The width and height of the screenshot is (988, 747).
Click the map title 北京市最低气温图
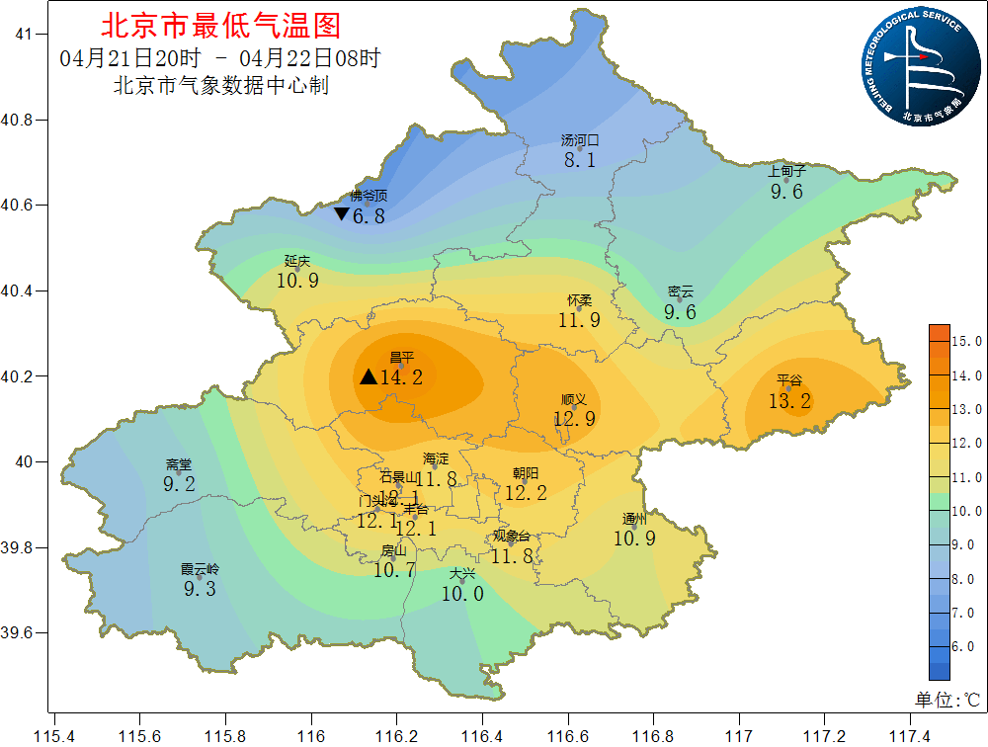(x=220, y=25)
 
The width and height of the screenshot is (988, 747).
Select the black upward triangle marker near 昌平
(x=368, y=376)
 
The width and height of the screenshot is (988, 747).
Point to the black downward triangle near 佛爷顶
(x=341, y=214)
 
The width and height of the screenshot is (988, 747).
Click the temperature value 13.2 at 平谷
(x=790, y=400)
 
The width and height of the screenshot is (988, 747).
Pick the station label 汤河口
(x=580, y=140)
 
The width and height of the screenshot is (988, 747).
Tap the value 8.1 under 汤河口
(x=580, y=160)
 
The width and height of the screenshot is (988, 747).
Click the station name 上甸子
(x=787, y=171)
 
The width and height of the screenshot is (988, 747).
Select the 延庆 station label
(x=297, y=261)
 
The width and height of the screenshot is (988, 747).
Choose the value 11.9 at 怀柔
(x=579, y=320)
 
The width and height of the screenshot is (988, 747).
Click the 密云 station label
(x=681, y=291)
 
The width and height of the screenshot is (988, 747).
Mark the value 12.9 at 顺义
(x=574, y=419)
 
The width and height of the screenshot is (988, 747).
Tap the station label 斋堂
(x=179, y=464)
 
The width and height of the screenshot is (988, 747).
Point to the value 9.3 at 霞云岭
(x=200, y=589)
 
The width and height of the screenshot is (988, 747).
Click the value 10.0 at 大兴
(x=462, y=594)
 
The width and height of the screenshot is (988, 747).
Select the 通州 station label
(x=634, y=519)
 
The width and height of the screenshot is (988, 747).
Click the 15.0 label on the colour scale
(x=965, y=341)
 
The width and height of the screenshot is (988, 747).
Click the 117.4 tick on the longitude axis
(x=909, y=736)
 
